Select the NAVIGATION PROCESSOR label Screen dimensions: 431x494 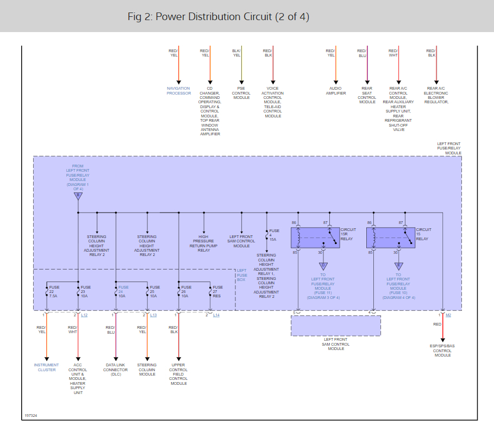tap(178, 91)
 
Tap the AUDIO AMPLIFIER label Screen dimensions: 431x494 tap(335, 91)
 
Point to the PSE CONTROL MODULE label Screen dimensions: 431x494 tap(241, 93)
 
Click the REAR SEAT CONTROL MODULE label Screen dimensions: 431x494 tap(367, 95)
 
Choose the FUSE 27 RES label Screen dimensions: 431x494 tap(217, 292)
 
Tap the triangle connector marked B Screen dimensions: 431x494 tap(78, 195)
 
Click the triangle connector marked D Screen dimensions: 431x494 tap(323, 266)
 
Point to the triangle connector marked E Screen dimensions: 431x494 tap(398, 266)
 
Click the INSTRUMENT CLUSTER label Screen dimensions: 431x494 tap(46, 367)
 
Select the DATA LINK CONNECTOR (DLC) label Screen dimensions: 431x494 tap(115, 370)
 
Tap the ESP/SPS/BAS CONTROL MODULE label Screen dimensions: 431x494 tap(442, 350)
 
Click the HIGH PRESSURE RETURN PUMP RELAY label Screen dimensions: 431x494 tap(204, 243)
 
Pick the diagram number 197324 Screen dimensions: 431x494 tap(30, 416)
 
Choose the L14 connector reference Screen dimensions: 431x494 tap(216, 315)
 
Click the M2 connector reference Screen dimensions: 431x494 tap(448, 315)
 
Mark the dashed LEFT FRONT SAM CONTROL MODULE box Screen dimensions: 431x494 tap(335, 326)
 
